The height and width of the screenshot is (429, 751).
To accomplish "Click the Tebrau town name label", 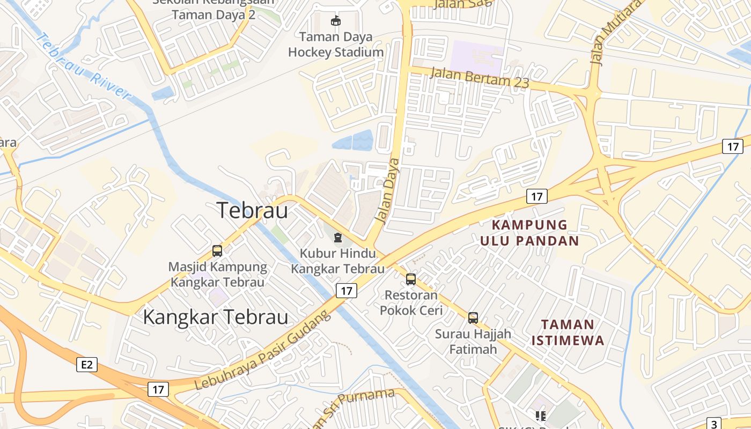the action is [252, 210].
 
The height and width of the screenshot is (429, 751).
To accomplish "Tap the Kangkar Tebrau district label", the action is [216, 317].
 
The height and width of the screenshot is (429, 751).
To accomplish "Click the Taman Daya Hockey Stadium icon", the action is [336, 21].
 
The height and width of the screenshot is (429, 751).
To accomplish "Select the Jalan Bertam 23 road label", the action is [480, 78].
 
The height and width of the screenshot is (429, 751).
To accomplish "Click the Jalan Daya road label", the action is [387, 190].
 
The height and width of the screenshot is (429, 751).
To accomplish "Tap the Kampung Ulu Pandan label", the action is [529, 232].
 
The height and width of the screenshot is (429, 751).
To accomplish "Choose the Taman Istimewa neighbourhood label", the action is [568, 332].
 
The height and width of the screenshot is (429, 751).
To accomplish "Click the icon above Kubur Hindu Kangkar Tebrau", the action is [337, 238].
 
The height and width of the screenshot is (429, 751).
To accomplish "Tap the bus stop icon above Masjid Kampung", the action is [217, 250].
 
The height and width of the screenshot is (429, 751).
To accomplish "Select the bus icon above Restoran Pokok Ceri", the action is [411, 279].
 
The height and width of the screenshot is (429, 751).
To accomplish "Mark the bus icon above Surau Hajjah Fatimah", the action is [473, 317].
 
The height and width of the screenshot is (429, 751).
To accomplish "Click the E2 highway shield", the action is [87, 365].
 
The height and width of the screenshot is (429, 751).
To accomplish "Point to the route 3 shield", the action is [714, 423].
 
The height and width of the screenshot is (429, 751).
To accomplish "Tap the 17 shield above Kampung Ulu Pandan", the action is [536, 197].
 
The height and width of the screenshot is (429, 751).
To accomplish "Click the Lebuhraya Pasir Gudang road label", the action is [263, 352].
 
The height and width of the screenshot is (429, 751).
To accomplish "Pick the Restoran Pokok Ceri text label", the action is [411, 302].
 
